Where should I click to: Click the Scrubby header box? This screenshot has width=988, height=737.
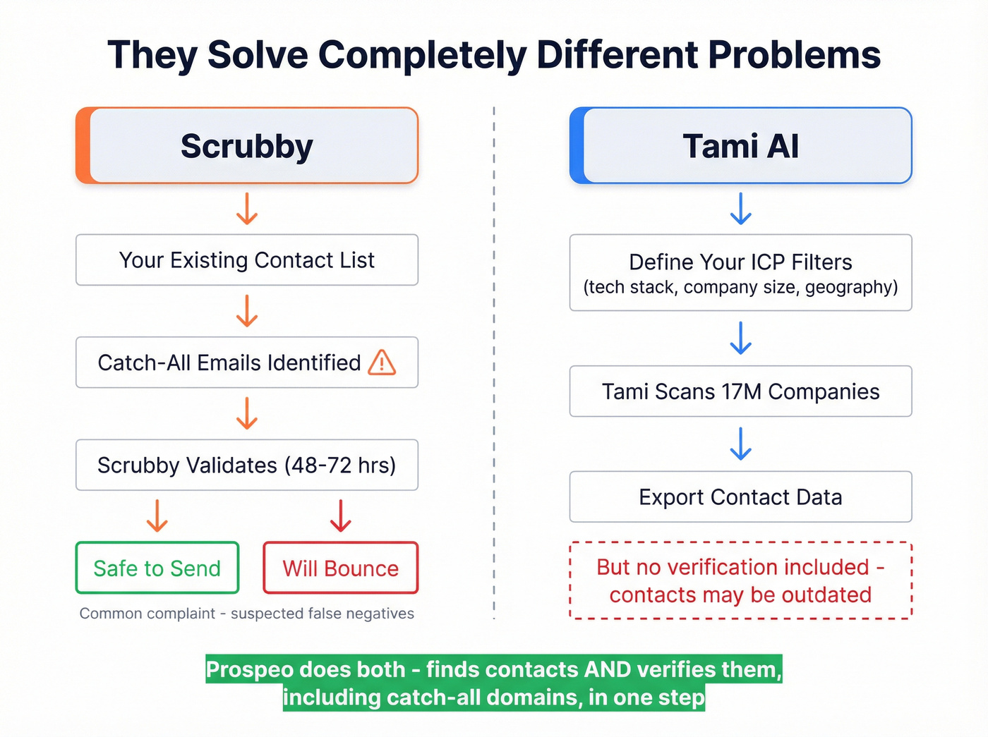click(247, 146)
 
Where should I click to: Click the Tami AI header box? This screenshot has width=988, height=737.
click(740, 146)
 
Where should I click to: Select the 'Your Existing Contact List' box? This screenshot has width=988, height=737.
click(247, 260)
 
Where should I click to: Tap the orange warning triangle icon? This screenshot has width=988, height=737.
click(382, 363)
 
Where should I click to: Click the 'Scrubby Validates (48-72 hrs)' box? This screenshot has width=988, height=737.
click(247, 465)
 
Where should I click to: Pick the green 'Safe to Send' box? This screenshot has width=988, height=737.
click(157, 568)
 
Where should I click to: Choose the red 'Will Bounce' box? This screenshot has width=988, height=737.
click(341, 568)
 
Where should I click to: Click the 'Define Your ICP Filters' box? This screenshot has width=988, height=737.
click(740, 273)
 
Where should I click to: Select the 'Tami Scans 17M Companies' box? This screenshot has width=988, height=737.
click(740, 391)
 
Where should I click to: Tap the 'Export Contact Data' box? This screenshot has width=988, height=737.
click(740, 497)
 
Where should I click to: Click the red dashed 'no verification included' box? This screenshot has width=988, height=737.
click(740, 581)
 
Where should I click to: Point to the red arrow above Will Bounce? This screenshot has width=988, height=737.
click(341, 516)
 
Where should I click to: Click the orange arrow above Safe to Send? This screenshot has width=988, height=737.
click(157, 516)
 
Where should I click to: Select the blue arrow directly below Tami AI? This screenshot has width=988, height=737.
click(740, 209)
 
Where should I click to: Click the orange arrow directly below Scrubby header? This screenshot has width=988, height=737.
click(246, 209)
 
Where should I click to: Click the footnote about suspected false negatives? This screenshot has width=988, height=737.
click(247, 614)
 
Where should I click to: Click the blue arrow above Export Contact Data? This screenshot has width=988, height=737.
click(740, 444)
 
